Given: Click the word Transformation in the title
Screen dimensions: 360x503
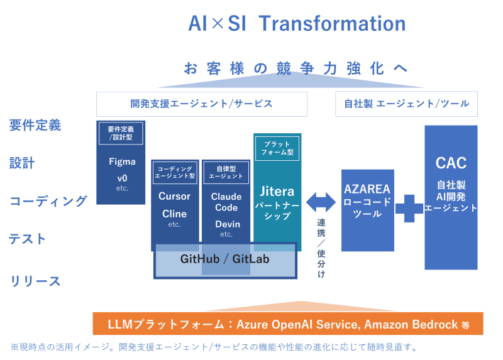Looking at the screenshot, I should (332, 24).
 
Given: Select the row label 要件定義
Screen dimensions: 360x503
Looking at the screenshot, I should (35, 125).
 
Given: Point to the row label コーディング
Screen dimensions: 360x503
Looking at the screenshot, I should (48, 201).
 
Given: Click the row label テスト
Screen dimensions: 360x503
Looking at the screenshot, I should (28, 239).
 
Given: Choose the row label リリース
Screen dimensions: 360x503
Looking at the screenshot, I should (36, 281).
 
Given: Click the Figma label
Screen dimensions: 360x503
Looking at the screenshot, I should (122, 161).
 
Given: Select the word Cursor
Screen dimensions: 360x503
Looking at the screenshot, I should (174, 196).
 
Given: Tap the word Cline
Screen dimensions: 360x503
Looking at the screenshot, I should (174, 214).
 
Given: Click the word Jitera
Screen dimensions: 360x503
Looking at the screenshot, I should (277, 191).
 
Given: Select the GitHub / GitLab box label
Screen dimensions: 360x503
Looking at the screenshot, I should (224, 259).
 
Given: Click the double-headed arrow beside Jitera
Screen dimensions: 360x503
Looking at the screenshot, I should (321, 202).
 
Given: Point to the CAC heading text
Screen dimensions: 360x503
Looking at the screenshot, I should (451, 163).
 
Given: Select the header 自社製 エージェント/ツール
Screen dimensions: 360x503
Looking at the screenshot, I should (406, 103).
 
